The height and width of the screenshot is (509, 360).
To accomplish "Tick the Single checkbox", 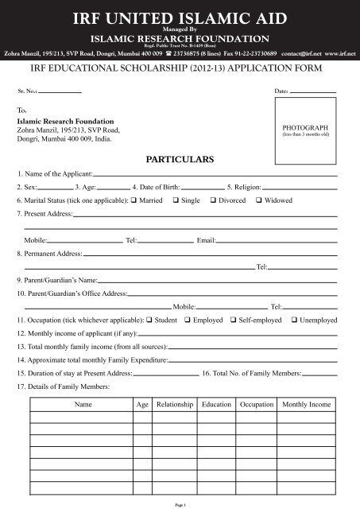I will [176, 200].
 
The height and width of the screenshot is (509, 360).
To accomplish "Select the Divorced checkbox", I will [213, 200].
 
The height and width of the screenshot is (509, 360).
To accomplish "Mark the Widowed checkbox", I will [259, 200].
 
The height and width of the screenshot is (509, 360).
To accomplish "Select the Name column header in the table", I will [83, 405].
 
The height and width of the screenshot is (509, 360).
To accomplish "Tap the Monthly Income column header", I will [306, 405].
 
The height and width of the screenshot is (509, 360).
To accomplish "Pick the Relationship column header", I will [175, 405].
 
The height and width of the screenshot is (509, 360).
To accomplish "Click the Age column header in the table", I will [142, 405].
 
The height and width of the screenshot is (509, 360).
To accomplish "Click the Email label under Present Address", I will [206, 239].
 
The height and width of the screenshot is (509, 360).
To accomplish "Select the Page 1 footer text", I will [180, 504].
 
